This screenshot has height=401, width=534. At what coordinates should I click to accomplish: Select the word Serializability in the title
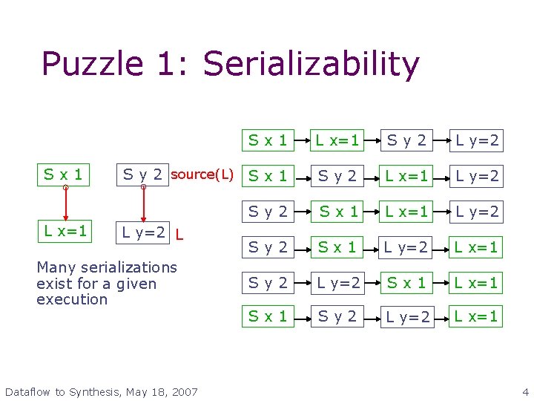coord(311,65)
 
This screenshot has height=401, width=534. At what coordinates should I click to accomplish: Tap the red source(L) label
coord(202,175)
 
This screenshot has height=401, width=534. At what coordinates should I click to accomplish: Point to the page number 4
coord(525,391)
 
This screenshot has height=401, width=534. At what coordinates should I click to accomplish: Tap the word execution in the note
coord(72,299)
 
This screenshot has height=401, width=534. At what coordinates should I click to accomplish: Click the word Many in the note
coord(53,267)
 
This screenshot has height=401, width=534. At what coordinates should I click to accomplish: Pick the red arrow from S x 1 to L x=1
coord(65,204)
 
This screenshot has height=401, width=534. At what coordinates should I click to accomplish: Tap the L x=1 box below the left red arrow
coord(65,232)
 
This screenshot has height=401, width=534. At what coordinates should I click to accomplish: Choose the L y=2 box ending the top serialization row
coord(478,140)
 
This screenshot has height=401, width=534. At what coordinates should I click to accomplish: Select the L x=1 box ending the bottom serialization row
coord(478,316)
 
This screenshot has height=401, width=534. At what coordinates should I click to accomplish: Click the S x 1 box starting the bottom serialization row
coord(268,316)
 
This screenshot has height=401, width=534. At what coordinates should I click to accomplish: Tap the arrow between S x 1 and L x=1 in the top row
coord(300,140)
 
